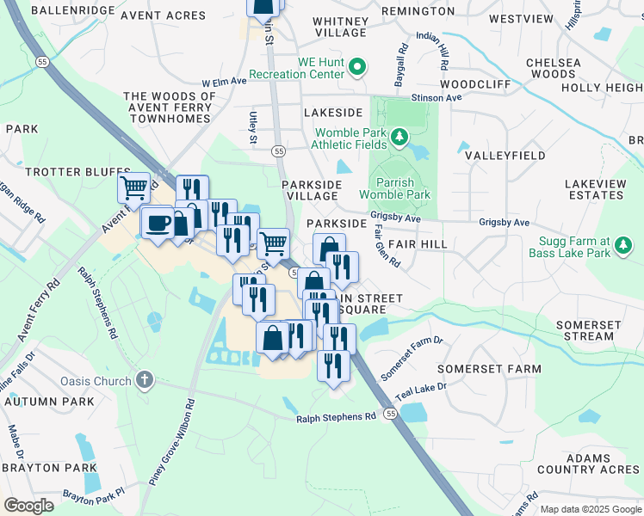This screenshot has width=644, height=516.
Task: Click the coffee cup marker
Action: click(158, 224)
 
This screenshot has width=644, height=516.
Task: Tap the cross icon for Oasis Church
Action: click(145, 380)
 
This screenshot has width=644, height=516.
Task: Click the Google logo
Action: click(29, 505)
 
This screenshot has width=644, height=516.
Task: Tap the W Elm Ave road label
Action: click(225, 82)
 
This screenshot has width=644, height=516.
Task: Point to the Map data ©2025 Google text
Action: click(590, 509)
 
